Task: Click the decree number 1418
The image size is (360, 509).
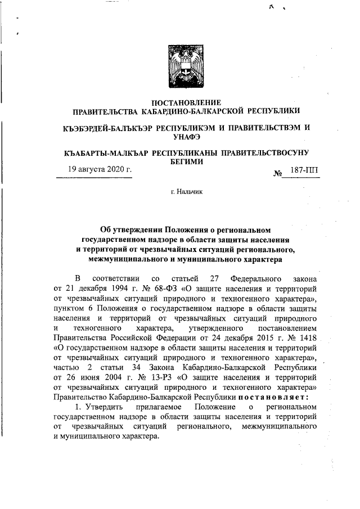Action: tap(309, 337)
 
